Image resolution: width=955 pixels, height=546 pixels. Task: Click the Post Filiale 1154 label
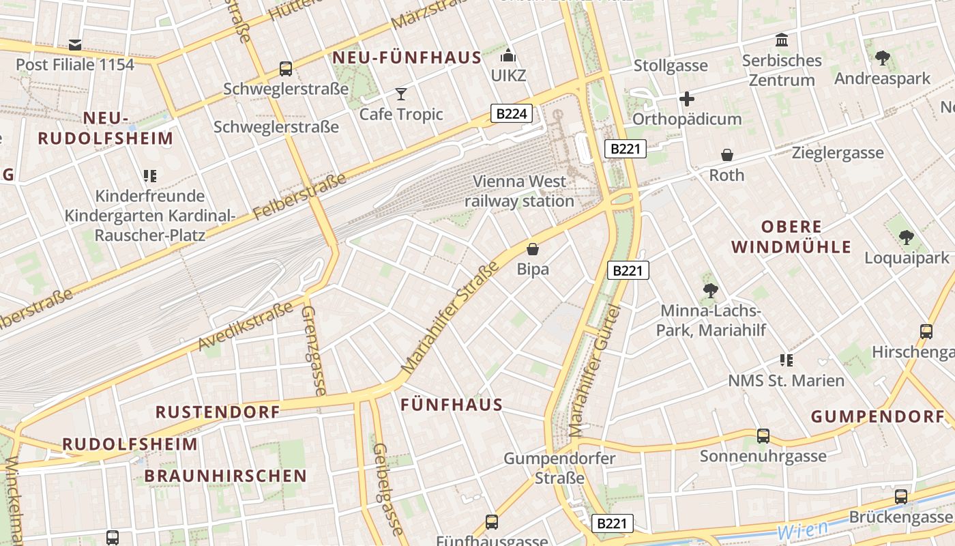(75, 65)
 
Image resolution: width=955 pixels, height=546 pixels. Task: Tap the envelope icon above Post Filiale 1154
(75, 45)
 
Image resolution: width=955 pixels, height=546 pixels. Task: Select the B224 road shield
(511, 113)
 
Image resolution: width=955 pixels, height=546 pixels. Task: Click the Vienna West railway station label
(520, 191)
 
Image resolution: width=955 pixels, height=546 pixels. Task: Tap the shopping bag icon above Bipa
(533, 249)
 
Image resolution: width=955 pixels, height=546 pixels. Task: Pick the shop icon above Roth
(727, 155)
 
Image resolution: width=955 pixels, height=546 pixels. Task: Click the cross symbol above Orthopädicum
(687, 99)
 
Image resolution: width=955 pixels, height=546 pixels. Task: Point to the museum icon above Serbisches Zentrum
(782, 40)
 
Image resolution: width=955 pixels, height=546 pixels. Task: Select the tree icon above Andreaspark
(883, 58)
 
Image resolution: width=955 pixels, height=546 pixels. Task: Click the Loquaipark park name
(907, 258)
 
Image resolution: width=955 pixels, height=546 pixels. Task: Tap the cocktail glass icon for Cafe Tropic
(401, 94)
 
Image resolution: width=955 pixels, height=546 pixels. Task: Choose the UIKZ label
(509, 75)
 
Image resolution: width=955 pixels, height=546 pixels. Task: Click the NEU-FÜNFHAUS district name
(407, 58)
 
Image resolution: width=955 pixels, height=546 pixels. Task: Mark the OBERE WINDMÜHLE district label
(791, 237)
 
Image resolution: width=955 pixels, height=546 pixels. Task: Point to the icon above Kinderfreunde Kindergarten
(150, 176)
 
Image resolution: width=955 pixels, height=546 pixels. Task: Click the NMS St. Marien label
(787, 380)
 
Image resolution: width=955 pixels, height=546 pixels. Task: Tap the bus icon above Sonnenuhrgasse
(763, 435)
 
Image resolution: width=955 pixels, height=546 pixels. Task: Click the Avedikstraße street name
(239, 327)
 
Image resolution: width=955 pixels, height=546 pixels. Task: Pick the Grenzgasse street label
(313, 350)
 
